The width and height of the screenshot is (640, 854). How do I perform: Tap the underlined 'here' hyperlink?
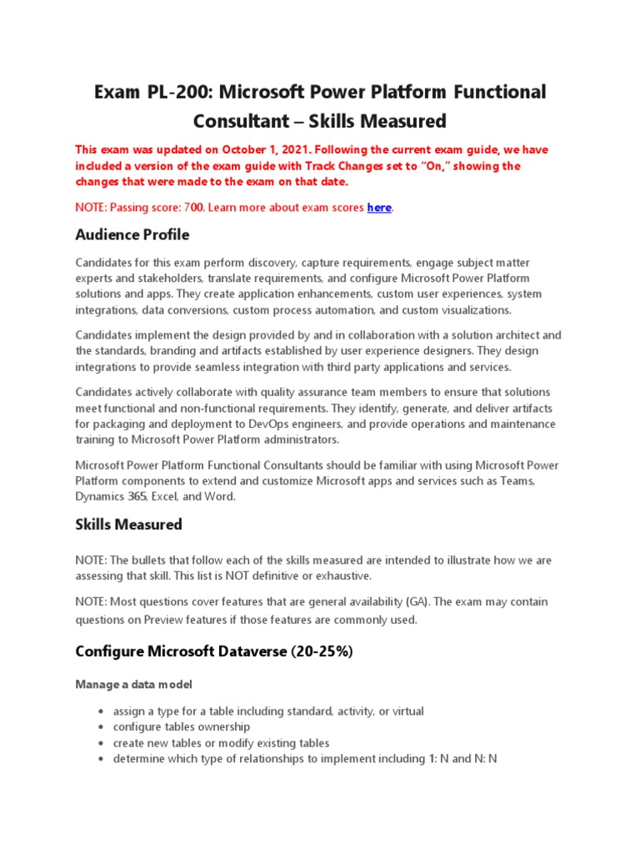[x=379, y=207]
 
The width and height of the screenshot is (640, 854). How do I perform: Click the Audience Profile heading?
[x=132, y=234]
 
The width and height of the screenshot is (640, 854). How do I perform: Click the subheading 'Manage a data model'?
[x=133, y=685]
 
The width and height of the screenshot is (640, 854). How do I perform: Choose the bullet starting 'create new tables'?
[x=221, y=743]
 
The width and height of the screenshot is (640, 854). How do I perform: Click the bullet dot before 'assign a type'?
[x=101, y=712]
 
